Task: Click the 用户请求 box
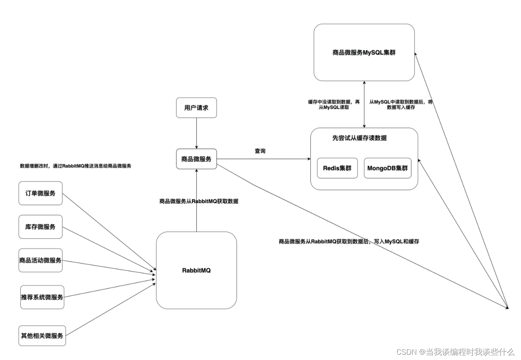(196, 107)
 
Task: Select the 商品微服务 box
(196, 159)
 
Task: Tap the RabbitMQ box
(196, 270)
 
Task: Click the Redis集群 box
(337, 168)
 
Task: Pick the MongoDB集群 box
(388, 168)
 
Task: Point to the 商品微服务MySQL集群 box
(364, 52)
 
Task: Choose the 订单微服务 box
(41, 193)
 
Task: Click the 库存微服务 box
(41, 227)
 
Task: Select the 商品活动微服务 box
(41, 260)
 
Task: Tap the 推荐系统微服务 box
(42, 297)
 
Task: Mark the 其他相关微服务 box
(42, 336)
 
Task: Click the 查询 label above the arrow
(260, 151)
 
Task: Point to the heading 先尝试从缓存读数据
(360, 138)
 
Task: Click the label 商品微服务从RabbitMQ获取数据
(199, 201)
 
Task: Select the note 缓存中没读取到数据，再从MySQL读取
(334, 105)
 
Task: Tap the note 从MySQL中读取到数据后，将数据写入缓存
(401, 105)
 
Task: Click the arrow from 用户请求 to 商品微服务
(196, 133)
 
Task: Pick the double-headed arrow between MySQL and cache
(364, 104)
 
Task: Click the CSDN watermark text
(455, 352)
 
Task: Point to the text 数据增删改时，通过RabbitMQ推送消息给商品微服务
(75, 166)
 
